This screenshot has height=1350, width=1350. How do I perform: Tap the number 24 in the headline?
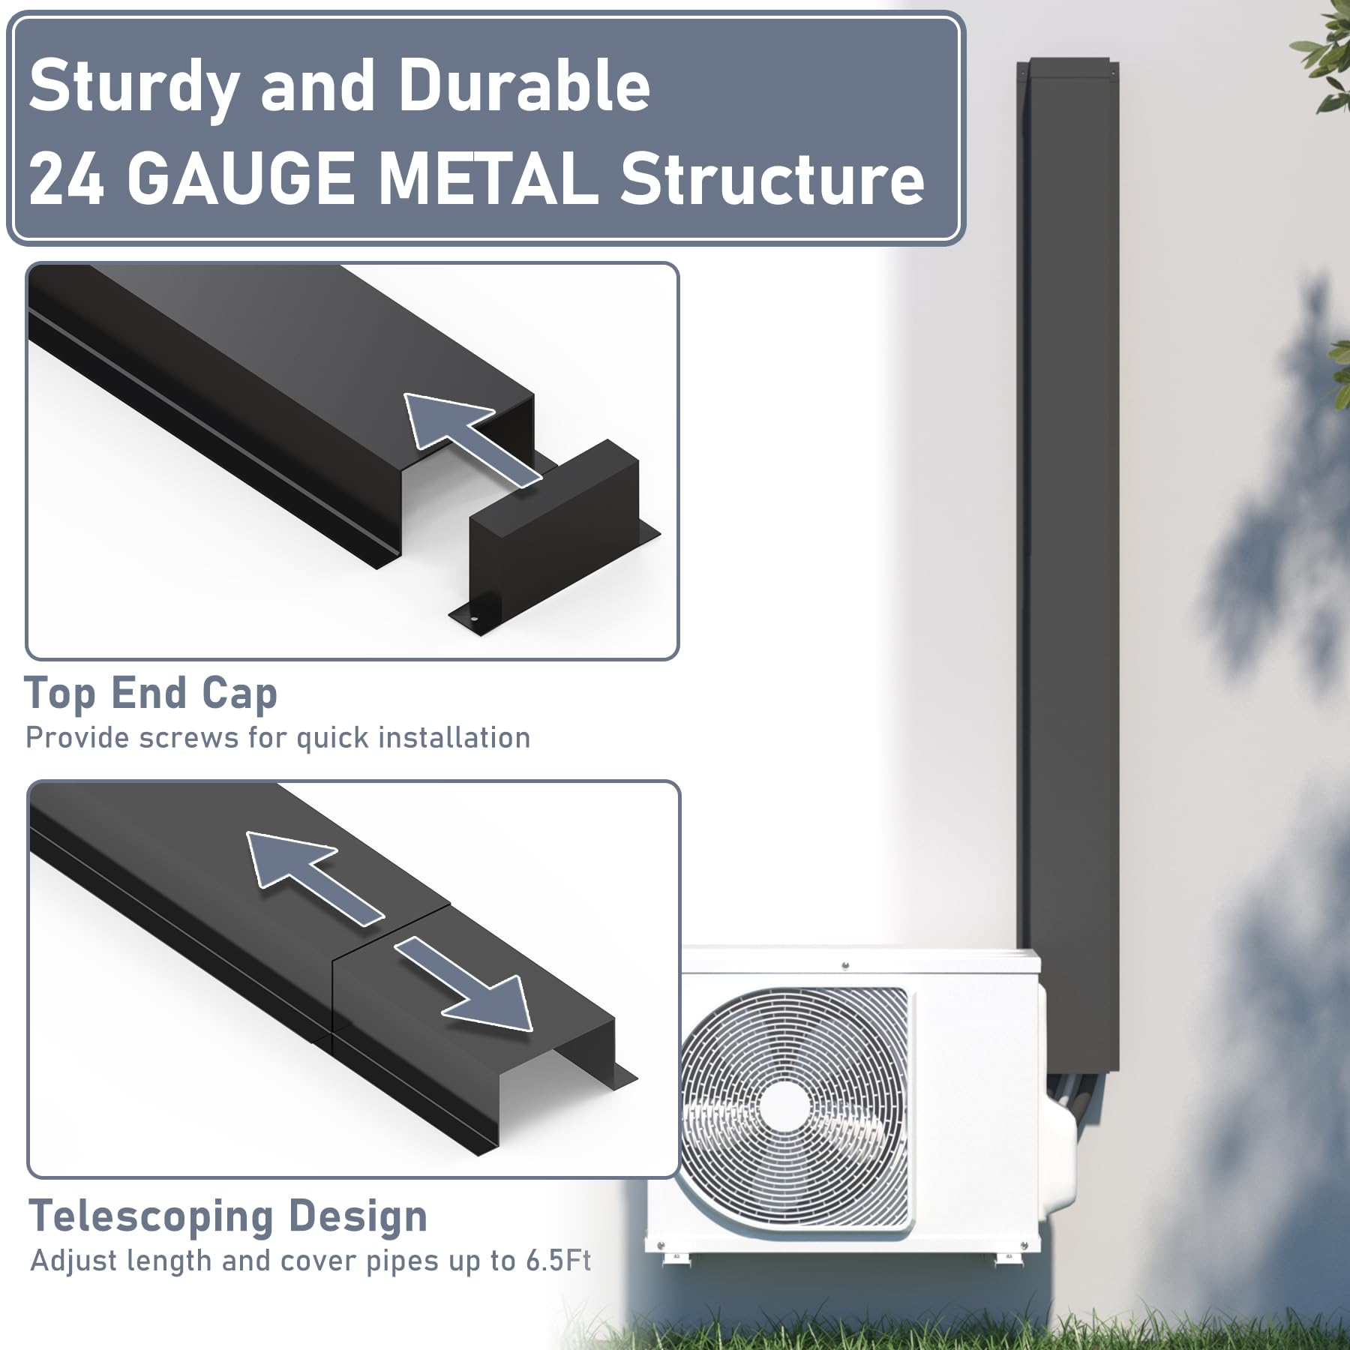(66, 178)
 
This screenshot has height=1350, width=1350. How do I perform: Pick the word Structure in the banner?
(772, 178)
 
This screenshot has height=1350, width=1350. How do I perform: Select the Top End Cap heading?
(151, 694)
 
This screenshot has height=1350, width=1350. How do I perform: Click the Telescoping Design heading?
(228, 1216)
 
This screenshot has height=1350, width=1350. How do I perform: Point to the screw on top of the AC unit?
(845, 966)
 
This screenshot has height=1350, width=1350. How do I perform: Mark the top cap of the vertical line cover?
(1068, 69)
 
